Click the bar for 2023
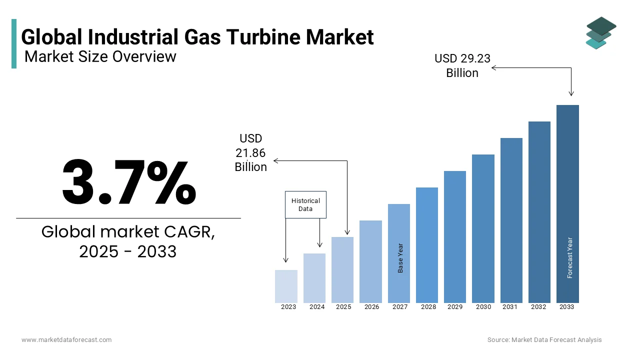286,286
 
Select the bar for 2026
370,261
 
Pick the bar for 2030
483,228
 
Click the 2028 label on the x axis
428,307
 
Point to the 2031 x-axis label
510,307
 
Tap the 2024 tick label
317,307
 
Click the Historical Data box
305,204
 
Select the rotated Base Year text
400,258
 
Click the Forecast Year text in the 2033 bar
570,257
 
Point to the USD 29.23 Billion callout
462,65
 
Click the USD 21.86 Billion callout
251,152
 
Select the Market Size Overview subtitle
100,56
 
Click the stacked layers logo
600,32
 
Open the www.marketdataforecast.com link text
66,340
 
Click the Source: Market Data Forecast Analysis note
544,340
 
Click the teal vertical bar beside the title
14,43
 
